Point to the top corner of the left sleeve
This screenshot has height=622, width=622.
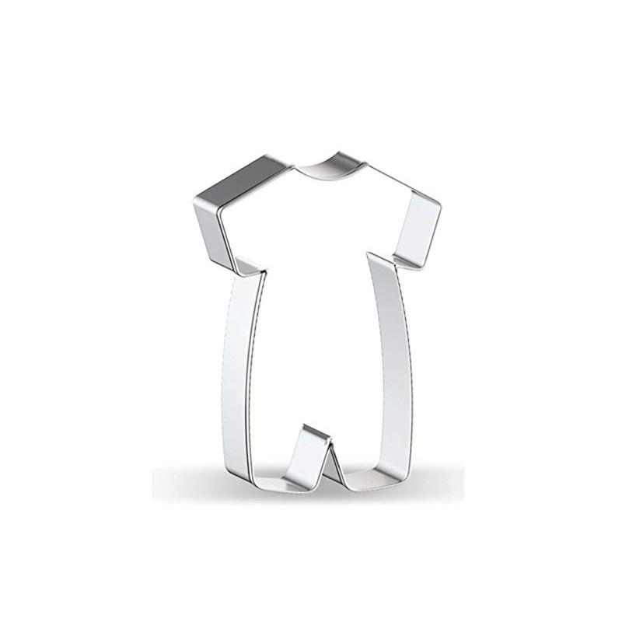point(194,197)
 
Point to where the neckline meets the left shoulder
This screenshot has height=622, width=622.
point(295,166)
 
